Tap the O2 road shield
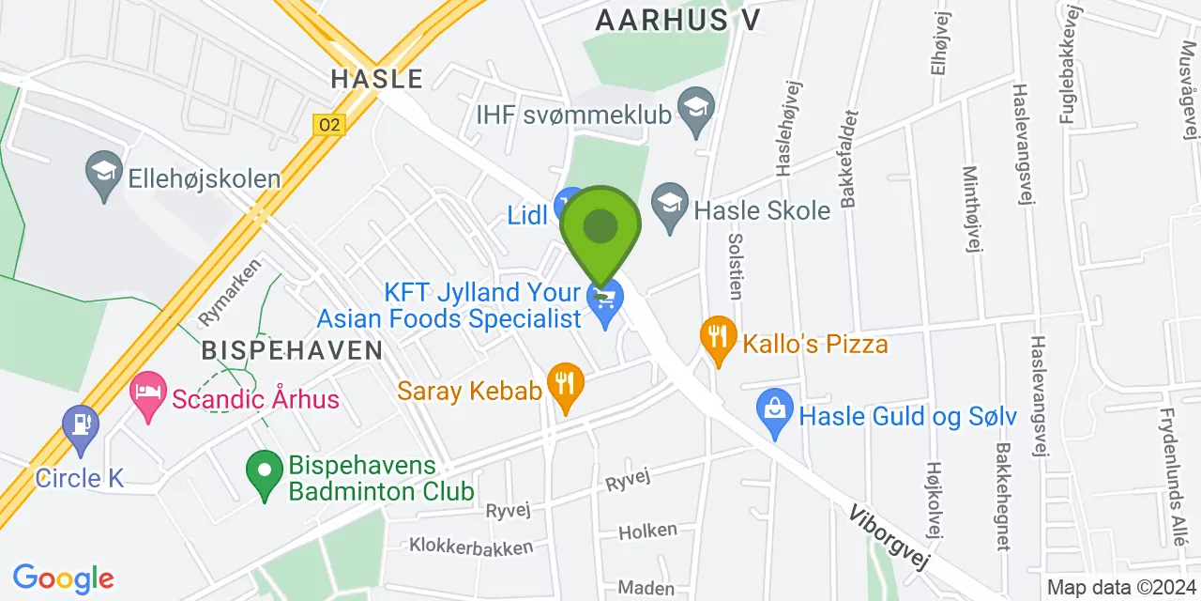[x=329, y=124]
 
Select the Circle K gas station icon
[x=80, y=427]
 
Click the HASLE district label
[x=377, y=79]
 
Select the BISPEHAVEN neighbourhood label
[x=293, y=351]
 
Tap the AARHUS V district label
[x=677, y=19]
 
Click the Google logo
[x=63, y=578]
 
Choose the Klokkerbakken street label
[x=470, y=546]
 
